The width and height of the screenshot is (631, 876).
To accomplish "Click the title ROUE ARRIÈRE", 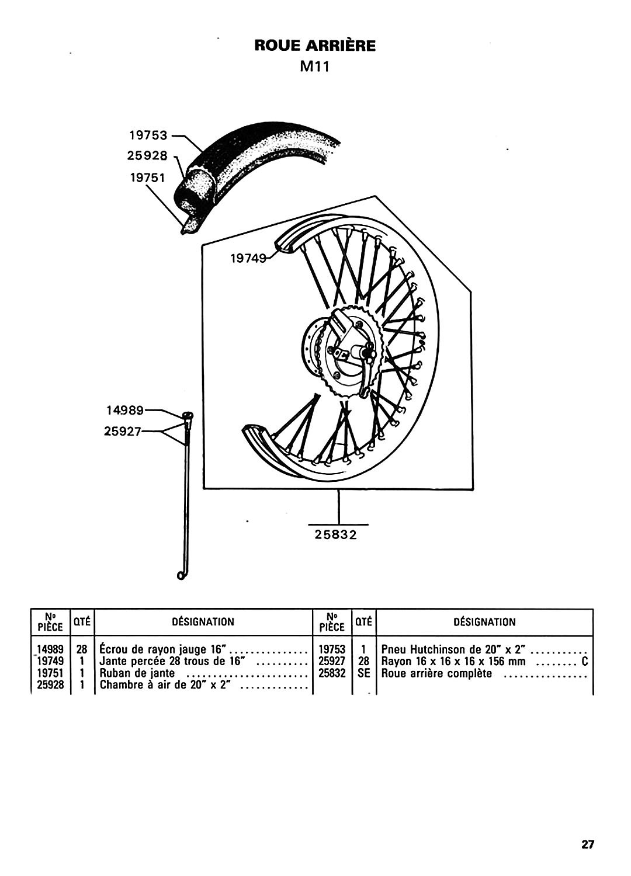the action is pyautogui.click(x=315, y=46).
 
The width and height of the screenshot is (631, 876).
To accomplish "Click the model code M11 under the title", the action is pyautogui.click(x=314, y=67).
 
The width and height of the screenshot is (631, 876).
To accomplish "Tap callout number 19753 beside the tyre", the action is pyautogui.click(x=148, y=135).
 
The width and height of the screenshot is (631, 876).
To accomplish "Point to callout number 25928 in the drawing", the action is pyautogui.click(x=147, y=156).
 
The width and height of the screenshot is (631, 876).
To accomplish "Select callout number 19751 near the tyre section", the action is pyautogui.click(x=147, y=178).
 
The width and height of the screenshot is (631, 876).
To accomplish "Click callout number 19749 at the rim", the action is pyautogui.click(x=249, y=258).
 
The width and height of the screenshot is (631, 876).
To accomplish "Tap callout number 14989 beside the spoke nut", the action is pyautogui.click(x=125, y=410).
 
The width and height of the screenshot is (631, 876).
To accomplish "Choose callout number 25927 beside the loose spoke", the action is pyautogui.click(x=123, y=432).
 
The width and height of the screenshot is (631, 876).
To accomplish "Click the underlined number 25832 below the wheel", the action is pyautogui.click(x=336, y=534).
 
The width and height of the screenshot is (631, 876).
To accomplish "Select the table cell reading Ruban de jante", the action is pyautogui.click(x=137, y=673).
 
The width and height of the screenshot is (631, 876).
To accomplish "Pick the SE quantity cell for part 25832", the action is pyautogui.click(x=364, y=673).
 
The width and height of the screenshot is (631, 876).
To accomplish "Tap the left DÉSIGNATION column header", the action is pyautogui.click(x=203, y=622).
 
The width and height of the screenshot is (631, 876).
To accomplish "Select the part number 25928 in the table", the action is pyautogui.click(x=50, y=685).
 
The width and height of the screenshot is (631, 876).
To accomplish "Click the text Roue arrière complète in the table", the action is pyautogui.click(x=436, y=673).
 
